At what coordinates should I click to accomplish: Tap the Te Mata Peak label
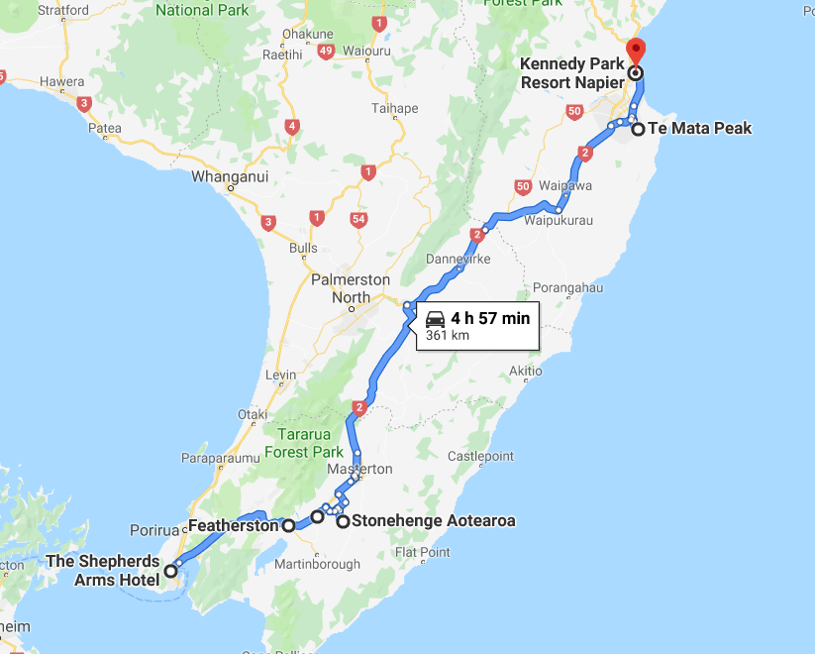pyautogui.click(x=699, y=128)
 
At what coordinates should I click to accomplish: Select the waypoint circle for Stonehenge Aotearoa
pyautogui.click(x=343, y=521)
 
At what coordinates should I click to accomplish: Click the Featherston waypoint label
pyautogui.click(x=233, y=525)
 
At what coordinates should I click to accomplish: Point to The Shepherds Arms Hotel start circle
pyautogui.click(x=171, y=570)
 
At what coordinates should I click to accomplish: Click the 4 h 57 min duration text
pyautogui.click(x=490, y=318)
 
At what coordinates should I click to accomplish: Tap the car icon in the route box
pyautogui.click(x=435, y=318)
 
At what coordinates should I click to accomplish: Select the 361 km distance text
pyautogui.click(x=447, y=336)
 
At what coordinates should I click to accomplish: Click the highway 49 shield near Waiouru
pyautogui.click(x=326, y=51)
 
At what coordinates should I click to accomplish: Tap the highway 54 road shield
pyautogui.click(x=358, y=218)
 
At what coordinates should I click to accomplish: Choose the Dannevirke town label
pyautogui.click(x=458, y=260)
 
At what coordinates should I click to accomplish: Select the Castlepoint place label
pyautogui.click(x=480, y=457)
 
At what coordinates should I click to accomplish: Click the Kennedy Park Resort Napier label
pyautogui.click(x=571, y=73)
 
